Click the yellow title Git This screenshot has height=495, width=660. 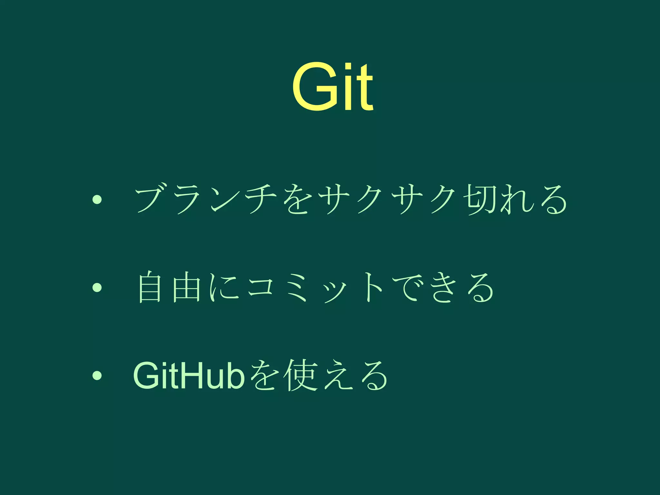333,86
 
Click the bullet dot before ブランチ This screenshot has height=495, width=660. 97,200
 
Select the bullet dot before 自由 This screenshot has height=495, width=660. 97,287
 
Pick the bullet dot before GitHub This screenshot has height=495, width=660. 97,375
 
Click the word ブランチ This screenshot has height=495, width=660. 206,200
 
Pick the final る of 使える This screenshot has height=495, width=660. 374,375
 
